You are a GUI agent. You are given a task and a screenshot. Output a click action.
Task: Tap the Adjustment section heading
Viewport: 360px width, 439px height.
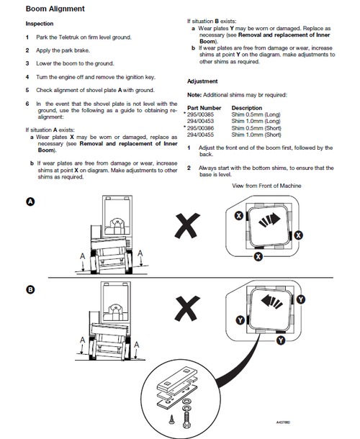tap(203, 81)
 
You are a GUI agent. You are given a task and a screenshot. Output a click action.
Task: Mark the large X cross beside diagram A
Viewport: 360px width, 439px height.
tap(189, 228)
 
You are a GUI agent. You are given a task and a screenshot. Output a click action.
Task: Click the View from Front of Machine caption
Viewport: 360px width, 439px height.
tap(266, 186)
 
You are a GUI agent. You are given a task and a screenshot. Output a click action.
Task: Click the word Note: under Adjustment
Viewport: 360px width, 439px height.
tap(194, 95)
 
